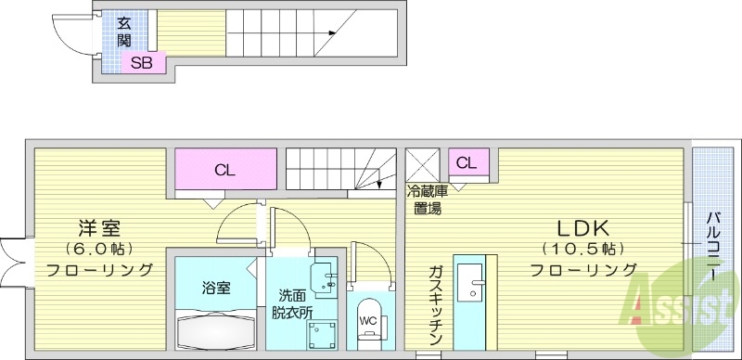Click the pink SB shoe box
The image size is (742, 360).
point(142,63)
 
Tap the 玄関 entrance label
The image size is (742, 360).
point(123,33)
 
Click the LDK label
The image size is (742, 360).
point(582,228)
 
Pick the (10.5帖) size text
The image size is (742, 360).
point(582,249)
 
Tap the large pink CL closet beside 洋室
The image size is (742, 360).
point(224,170)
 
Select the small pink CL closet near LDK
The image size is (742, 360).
point(467,163)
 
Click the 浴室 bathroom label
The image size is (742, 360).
point(215,288)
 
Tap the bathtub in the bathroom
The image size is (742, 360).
point(215,328)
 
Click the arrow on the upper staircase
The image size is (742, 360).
point(329,34)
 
